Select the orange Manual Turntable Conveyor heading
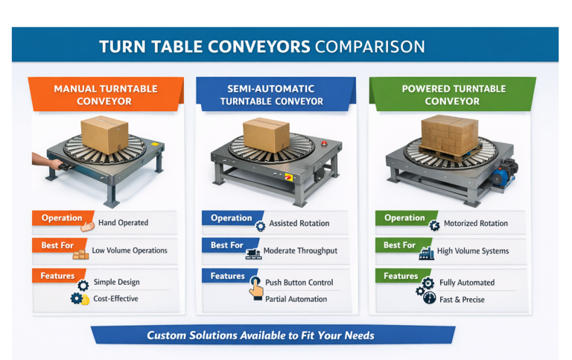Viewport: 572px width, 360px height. click(105, 95)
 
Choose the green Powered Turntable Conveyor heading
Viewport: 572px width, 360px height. click(453, 95)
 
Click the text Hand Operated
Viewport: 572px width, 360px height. click(123, 223)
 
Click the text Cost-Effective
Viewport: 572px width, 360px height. click(115, 299)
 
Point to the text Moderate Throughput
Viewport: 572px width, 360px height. click(301, 251)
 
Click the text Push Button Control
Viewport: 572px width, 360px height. click(299, 282)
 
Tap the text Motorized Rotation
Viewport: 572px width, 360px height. click(475, 223)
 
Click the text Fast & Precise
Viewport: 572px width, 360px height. click(462, 299)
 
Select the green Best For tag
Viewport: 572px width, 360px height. click(399, 245)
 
